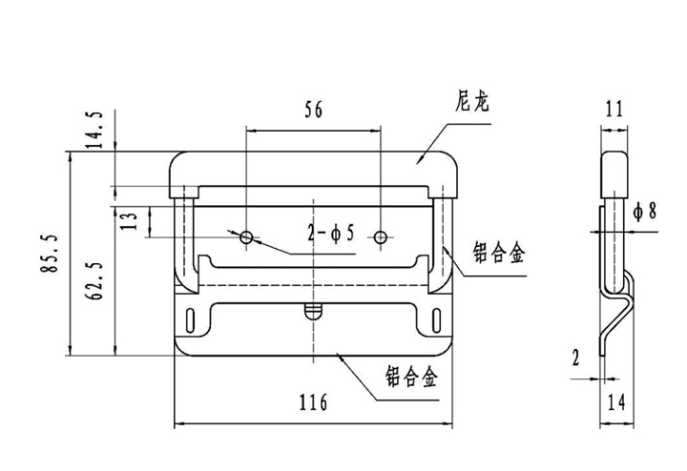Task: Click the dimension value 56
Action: click(313, 110)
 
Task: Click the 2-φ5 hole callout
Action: click(330, 232)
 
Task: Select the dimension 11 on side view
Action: click(614, 110)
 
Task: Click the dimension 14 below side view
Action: click(614, 401)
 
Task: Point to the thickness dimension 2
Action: click(576, 358)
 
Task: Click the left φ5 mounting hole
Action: click(246, 236)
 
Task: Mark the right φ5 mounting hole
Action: click(381, 236)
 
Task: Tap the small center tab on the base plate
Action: click(312, 310)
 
